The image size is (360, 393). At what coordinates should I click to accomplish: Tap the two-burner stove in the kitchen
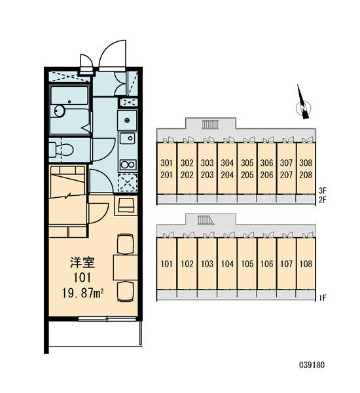(128, 164)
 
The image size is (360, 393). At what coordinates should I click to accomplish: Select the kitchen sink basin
(128, 138)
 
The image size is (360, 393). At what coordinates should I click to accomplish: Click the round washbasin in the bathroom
(59, 111)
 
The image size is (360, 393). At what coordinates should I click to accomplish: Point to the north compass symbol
(303, 104)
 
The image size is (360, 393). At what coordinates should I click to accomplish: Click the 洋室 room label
(82, 263)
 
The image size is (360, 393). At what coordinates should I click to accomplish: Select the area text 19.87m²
(83, 293)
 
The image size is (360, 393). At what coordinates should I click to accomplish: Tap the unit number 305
(247, 163)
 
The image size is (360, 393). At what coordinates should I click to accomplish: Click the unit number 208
(306, 175)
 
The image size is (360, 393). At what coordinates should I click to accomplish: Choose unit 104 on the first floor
(227, 264)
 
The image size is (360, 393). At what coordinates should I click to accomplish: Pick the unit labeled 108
(306, 264)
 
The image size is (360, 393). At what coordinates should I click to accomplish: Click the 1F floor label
(323, 298)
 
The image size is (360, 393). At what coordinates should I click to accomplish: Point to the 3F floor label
(323, 191)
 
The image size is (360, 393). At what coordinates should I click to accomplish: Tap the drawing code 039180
(312, 365)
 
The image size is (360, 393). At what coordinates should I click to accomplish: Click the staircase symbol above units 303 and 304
(211, 124)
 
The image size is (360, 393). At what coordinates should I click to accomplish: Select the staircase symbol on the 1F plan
(206, 220)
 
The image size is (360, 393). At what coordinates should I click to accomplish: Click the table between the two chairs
(126, 267)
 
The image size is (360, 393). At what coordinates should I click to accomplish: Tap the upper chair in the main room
(126, 244)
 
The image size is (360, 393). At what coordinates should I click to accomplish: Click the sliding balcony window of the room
(107, 319)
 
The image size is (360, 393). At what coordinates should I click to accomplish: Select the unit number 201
(167, 175)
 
